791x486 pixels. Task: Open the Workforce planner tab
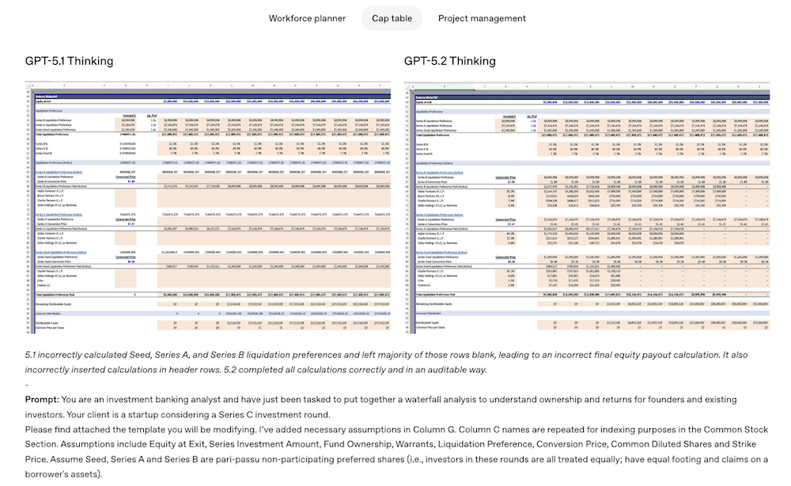307,18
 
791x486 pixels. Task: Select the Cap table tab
392,18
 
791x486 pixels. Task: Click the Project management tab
482,18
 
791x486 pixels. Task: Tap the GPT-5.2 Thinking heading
450,61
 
